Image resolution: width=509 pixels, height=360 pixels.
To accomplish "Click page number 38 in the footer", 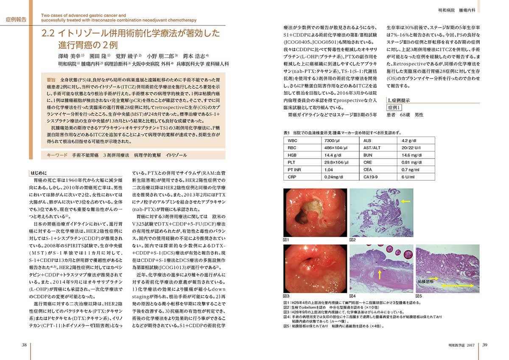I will click(25, 345).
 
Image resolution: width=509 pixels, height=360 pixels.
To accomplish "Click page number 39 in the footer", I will click(485, 345).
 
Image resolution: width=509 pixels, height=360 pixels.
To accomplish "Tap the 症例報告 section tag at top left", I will click(17, 20).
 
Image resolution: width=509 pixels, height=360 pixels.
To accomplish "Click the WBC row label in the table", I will click(293, 140).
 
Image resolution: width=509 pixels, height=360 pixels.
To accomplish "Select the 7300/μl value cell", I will click(331, 140).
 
